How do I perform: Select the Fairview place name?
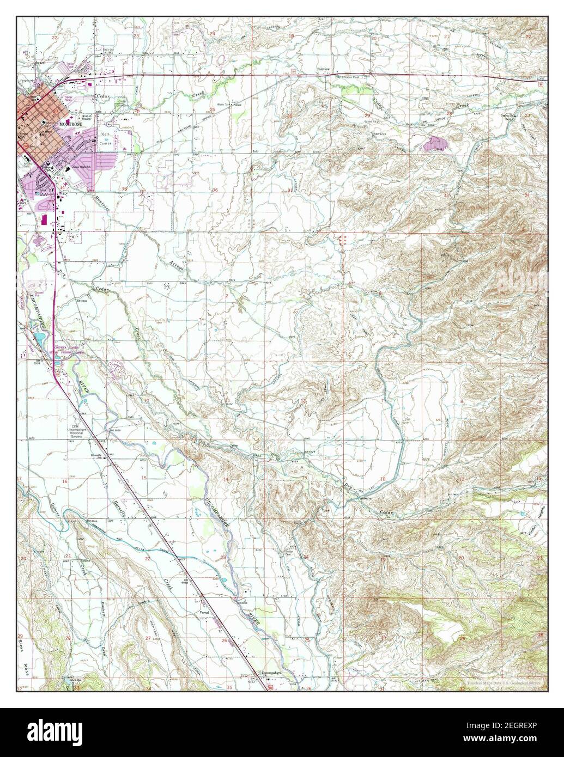coord(325,70)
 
